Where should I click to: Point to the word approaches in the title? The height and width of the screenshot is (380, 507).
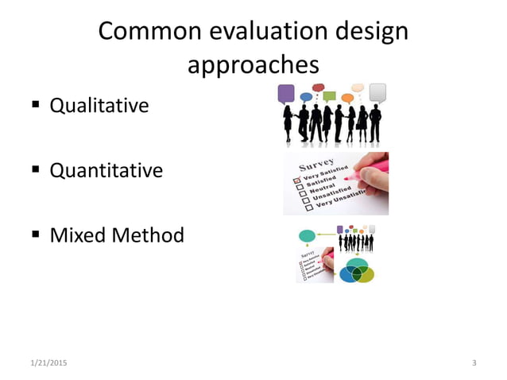tap(253, 65)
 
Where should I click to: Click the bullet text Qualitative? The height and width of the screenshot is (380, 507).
tap(99, 105)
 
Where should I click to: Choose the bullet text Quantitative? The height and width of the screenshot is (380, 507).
tap(106, 170)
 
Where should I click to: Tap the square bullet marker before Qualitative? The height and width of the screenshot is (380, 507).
tap(37, 105)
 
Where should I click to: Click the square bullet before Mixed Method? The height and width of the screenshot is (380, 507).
tap(37, 235)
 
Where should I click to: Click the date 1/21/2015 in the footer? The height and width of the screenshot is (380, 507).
tap(48, 363)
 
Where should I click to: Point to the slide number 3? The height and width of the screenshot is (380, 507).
tap(474, 363)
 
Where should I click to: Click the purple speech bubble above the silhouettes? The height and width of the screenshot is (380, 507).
tap(286, 94)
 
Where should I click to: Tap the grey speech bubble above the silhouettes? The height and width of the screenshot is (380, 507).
tap(377, 91)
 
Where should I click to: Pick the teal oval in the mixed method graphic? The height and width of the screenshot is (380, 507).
tap(307, 236)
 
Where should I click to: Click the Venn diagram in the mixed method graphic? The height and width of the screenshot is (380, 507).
tap(356, 270)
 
